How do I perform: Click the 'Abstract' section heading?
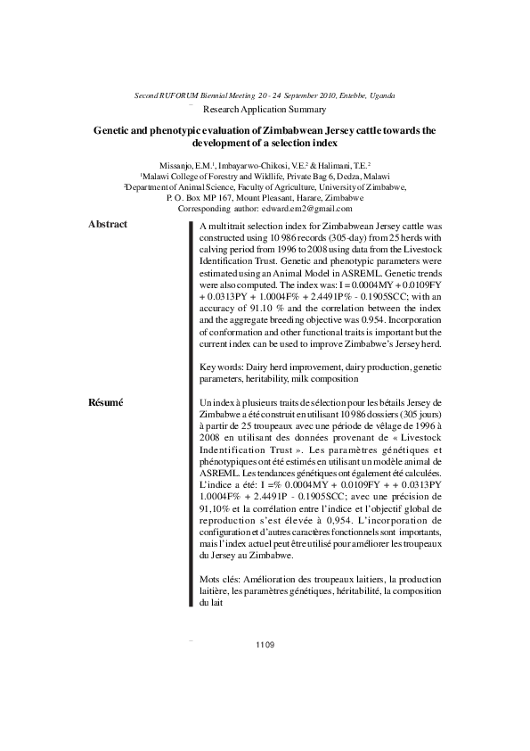point(108,224)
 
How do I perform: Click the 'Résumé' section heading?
point(106,403)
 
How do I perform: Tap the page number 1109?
point(265,645)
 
